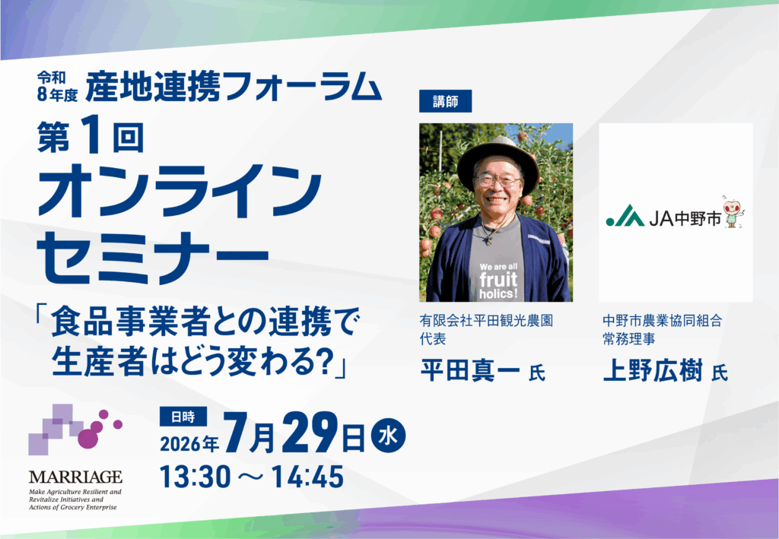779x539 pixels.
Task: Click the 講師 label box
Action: [x=445, y=101]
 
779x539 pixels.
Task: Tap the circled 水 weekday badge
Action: [x=388, y=436]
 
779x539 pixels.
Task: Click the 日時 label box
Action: [x=183, y=417]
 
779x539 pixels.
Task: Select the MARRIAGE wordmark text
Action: [x=75, y=477]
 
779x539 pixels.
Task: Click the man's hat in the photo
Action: [x=498, y=159]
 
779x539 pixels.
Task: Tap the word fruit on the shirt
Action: [x=498, y=280]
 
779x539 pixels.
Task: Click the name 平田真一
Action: [x=470, y=370]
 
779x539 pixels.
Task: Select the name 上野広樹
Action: [x=653, y=370]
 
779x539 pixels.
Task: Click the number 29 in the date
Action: [x=309, y=434]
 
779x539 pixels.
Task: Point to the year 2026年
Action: [x=189, y=443]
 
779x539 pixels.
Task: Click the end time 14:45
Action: [x=307, y=477]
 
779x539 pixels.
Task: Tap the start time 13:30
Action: [x=196, y=477]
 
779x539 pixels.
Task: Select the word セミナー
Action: [x=153, y=259]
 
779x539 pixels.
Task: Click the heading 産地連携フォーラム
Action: [x=234, y=87]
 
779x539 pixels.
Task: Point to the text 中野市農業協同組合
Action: [x=663, y=321]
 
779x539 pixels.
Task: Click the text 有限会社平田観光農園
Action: [x=486, y=321]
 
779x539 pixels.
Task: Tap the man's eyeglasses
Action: [x=498, y=181]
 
